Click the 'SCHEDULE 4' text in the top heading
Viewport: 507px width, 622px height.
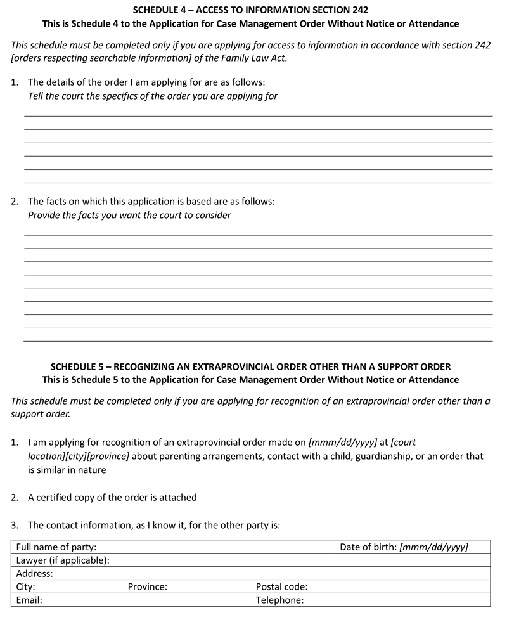158,10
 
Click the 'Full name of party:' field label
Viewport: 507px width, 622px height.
56,547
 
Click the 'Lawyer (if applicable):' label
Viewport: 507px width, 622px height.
63,560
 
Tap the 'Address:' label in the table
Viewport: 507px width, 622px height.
35,574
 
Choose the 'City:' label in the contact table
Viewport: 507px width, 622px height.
26,587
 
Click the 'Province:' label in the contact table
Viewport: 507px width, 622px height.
147,587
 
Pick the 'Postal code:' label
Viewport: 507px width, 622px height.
281,587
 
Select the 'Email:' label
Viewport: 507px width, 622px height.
29,600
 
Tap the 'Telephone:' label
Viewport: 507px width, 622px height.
279,600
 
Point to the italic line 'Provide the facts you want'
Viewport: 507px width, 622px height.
129,215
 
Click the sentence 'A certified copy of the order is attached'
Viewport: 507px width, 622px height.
112,497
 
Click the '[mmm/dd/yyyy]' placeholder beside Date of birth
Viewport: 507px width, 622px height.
434,547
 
